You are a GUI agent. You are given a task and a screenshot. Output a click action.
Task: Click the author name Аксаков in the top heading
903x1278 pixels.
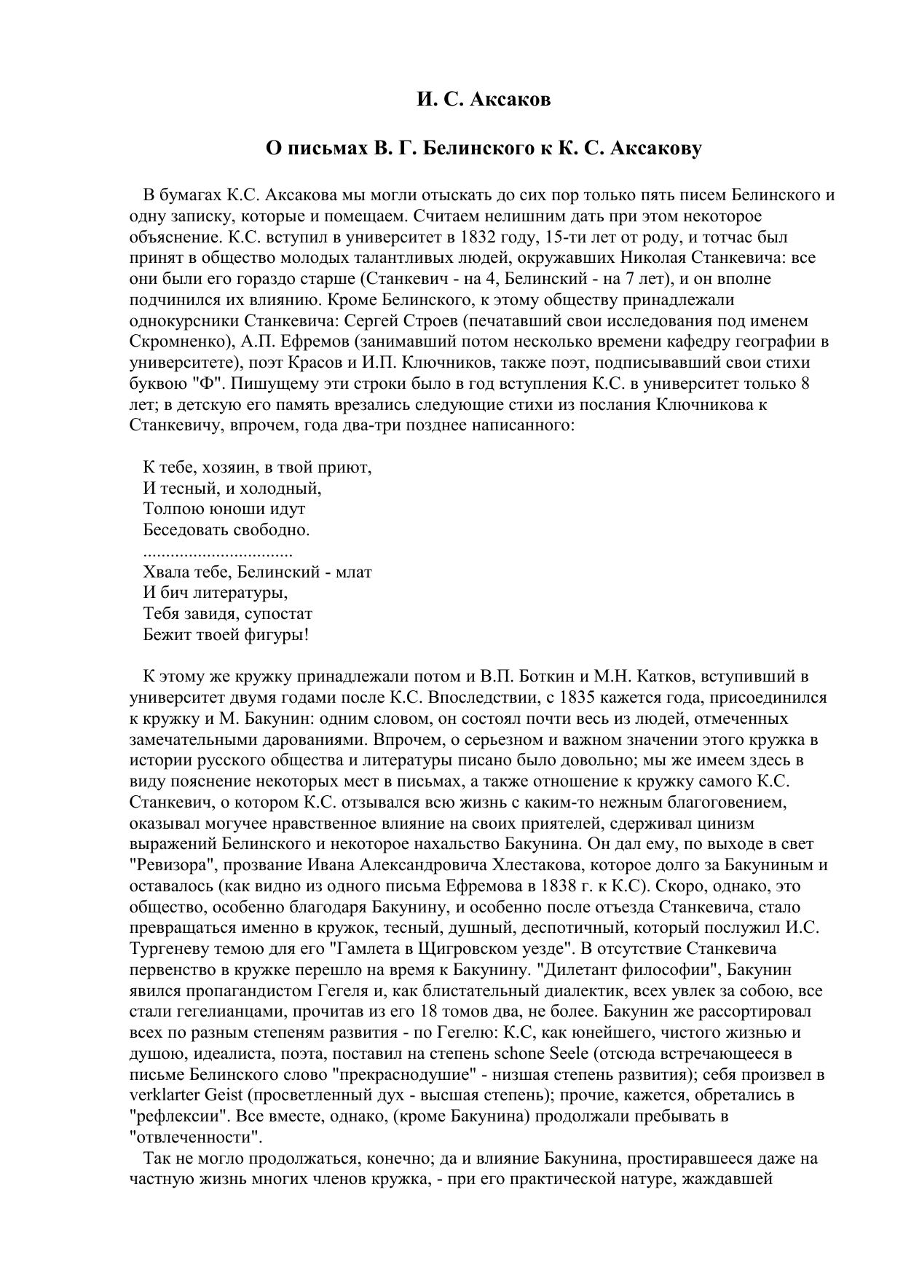click(510, 100)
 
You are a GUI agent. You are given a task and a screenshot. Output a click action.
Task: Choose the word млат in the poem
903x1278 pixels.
click(355, 572)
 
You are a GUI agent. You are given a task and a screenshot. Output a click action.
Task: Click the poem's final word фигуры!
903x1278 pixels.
click(280, 635)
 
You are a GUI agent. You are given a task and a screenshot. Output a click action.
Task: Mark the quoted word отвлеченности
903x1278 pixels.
click(194, 1137)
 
